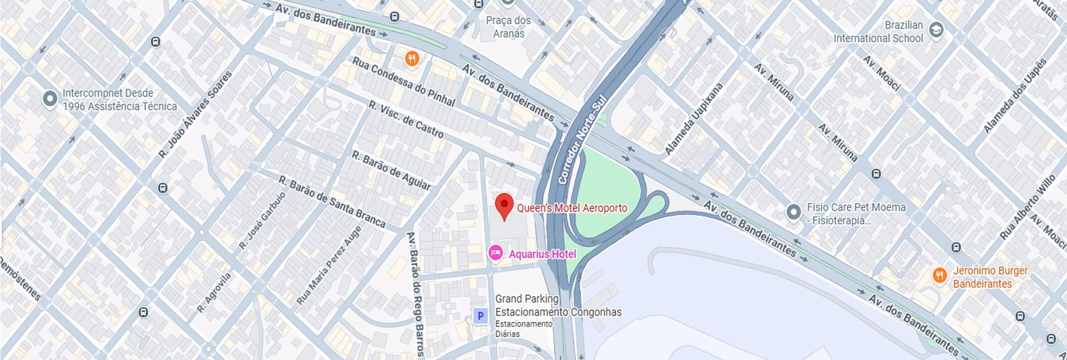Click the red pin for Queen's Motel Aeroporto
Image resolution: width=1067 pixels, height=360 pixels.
pyautogui.click(x=504, y=206)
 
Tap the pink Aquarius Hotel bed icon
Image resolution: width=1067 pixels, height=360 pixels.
pyautogui.click(x=496, y=252)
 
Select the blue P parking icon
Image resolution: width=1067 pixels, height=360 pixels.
pyautogui.click(x=480, y=316)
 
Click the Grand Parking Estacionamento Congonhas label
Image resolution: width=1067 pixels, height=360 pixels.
pyautogui.click(x=558, y=305)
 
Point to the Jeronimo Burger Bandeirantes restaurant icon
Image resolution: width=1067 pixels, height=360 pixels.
pyautogui.click(x=940, y=276)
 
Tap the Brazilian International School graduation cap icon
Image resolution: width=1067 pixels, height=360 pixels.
pyautogui.click(x=936, y=30)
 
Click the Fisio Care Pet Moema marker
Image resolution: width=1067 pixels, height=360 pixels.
pyautogui.click(x=793, y=212)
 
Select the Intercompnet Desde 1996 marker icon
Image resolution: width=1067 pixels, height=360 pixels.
pyautogui.click(x=50, y=99)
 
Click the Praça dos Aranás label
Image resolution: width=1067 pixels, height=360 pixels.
pyautogui.click(x=508, y=27)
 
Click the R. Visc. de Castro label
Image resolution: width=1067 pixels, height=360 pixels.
pyautogui.click(x=406, y=119)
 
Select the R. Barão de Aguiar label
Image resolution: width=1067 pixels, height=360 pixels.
pyautogui.click(x=391, y=171)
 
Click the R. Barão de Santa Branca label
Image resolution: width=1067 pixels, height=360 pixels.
pyautogui.click(x=331, y=202)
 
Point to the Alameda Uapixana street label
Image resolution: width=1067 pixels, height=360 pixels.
pyautogui.click(x=694, y=119)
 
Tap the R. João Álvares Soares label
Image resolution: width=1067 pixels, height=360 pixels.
pyautogui.click(x=195, y=114)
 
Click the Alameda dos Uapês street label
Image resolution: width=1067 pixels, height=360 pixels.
pyautogui.click(x=1016, y=95)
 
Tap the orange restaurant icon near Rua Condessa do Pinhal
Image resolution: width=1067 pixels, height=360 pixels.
pyautogui.click(x=412, y=59)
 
